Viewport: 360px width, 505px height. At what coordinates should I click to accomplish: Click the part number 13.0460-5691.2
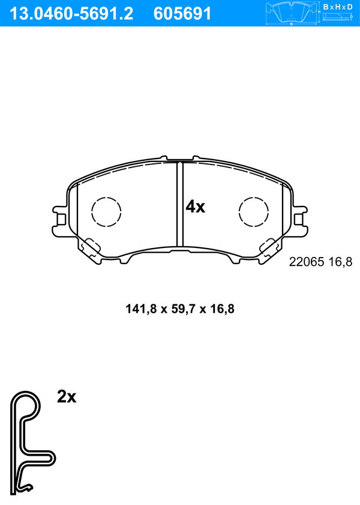tap(71, 14)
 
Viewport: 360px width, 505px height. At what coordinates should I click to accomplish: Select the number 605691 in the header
tap(182, 14)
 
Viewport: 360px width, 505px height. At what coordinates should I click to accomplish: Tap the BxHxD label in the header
tap(337, 7)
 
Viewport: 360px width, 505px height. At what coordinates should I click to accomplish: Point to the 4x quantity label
tap(195, 207)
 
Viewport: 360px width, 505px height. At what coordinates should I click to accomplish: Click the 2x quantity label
tap(67, 397)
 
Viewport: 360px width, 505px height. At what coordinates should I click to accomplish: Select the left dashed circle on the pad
tap(106, 211)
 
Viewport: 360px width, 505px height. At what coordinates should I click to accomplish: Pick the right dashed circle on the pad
tap(254, 211)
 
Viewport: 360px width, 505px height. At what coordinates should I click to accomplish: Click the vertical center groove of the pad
tap(180, 204)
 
